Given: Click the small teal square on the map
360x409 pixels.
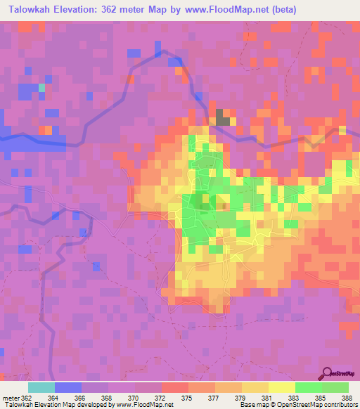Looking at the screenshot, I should pyautogui.click(x=41, y=88).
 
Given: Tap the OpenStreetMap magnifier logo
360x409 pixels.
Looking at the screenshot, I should pyautogui.click(x=327, y=373).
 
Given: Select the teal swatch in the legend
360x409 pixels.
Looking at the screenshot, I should pyautogui.click(x=41, y=387).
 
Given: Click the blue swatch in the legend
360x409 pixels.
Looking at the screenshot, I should pyautogui.click(x=67, y=387).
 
